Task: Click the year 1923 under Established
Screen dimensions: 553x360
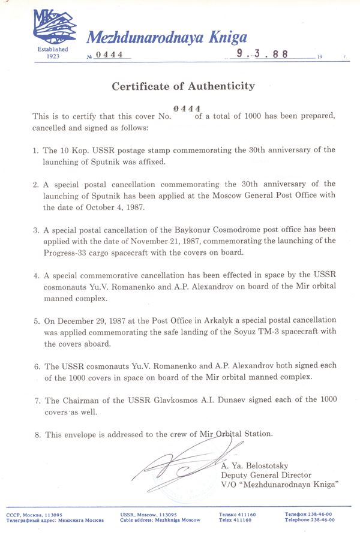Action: pyautogui.click(x=52, y=56)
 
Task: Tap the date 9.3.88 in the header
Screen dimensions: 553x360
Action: pyautogui.click(x=262, y=54)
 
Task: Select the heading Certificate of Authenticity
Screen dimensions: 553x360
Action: pyautogui.click(x=183, y=86)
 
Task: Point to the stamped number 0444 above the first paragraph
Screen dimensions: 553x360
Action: pyautogui.click(x=187, y=108)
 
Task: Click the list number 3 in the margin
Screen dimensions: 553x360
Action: pyautogui.click(x=36, y=230)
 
